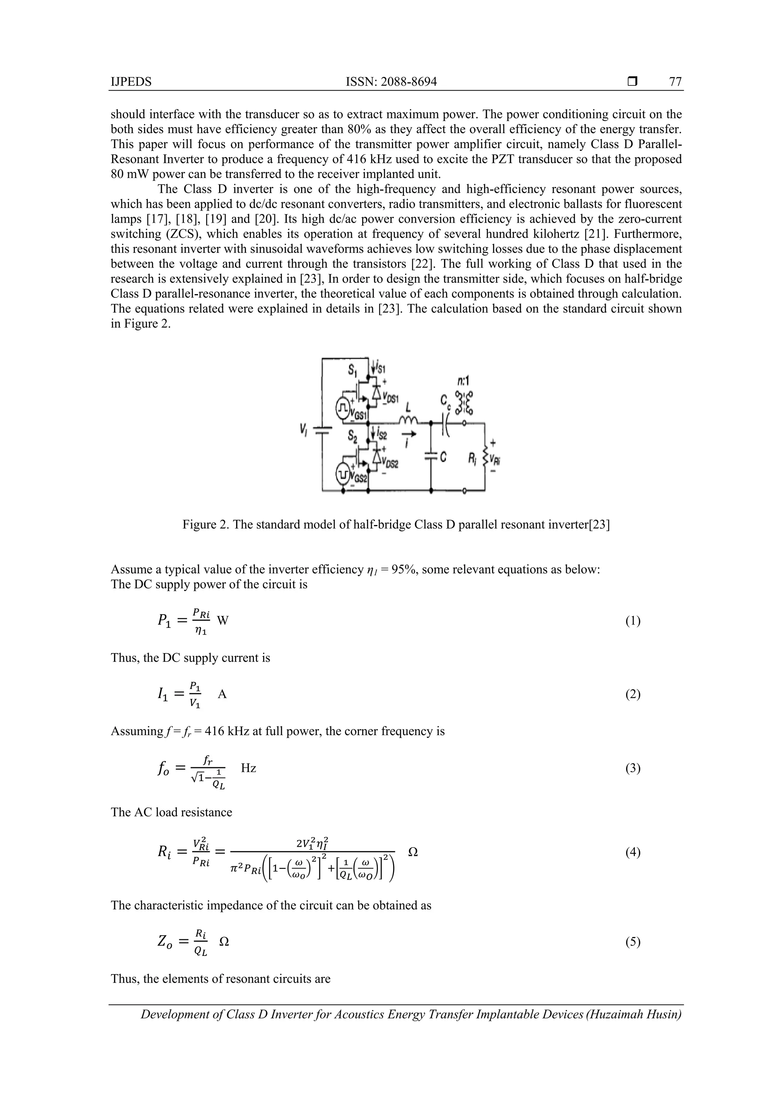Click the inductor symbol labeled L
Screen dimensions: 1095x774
coord(408,420)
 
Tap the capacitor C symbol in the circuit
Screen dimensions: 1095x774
coord(430,457)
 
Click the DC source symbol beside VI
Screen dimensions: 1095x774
coord(322,431)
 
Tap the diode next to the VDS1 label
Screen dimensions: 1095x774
coord(376,392)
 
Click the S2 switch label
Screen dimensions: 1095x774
coord(353,436)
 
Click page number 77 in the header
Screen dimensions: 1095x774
coord(675,82)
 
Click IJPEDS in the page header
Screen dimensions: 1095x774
coord(131,82)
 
